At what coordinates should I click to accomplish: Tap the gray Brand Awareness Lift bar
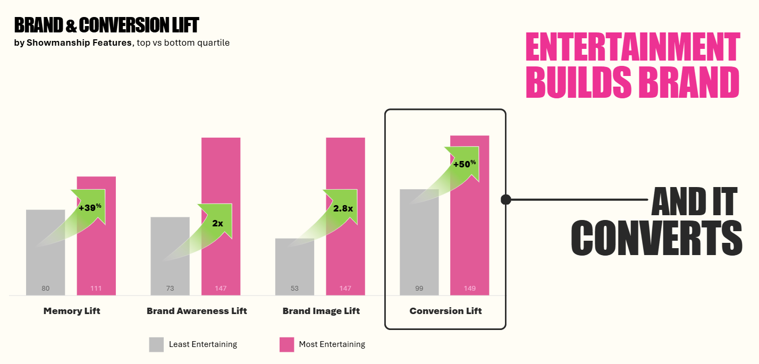click(x=170, y=266)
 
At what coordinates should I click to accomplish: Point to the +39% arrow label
click(x=90, y=207)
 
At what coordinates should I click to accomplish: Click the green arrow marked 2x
click(x=217, y=223)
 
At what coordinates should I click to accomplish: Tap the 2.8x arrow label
click(x=343, y=208)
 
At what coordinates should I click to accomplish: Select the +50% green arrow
click(x=464, y=164)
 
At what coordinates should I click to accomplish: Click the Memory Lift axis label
click(x=72, y=311)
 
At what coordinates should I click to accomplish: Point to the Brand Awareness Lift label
click(x=197, y=311)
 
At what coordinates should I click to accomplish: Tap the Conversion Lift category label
click(x=445, y=311)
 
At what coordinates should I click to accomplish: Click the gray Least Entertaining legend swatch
click(x=156, y=344)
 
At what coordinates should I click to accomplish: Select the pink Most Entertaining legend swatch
click(x=286, y=344)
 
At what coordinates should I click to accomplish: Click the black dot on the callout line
click(x=506, y=200)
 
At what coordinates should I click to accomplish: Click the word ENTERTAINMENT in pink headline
click(x=632, y=48)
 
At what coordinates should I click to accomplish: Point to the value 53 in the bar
click(x=294, y=289)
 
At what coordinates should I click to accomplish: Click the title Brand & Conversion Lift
click(x=106, y=25)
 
